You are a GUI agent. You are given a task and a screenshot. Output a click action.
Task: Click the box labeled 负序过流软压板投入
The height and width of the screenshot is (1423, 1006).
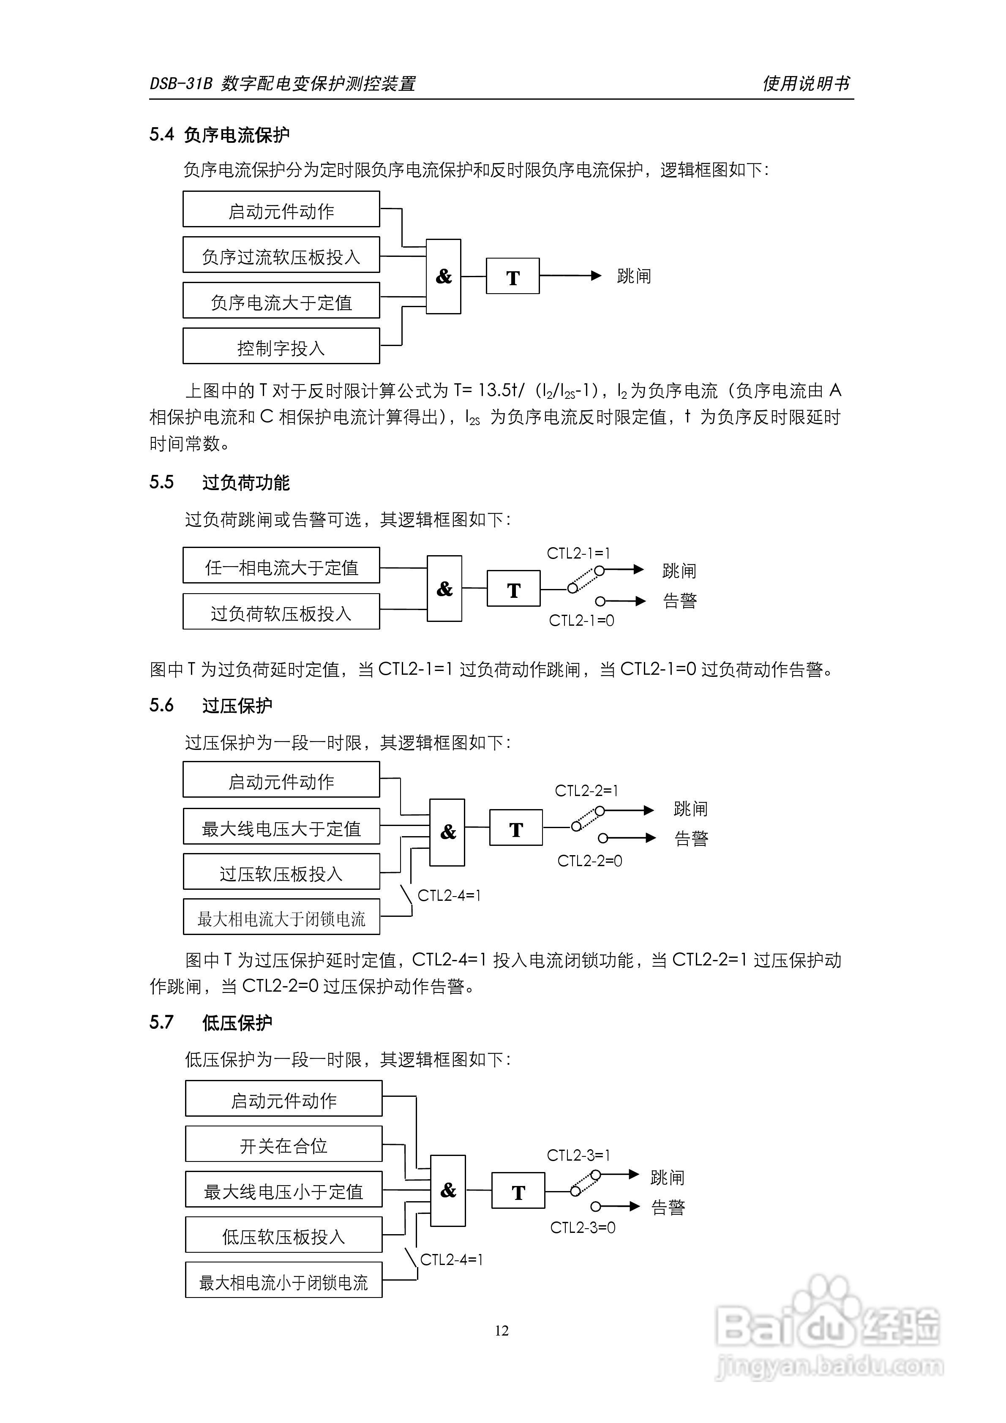pos(281,255)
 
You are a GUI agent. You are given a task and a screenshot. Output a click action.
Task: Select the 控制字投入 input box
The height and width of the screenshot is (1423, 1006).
pos(281,346)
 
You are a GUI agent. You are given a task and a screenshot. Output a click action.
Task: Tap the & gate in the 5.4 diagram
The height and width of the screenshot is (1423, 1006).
pos(443,276)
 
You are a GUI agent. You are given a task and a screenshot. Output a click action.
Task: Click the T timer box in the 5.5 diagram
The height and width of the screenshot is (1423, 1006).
pos(513,589)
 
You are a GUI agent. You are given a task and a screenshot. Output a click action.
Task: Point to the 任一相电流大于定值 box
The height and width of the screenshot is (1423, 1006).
pos(281,566)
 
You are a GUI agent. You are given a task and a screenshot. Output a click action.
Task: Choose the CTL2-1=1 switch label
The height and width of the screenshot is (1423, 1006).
pos(578,553)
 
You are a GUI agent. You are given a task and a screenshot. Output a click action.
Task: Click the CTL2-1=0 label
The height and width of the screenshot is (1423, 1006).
pos(581,620)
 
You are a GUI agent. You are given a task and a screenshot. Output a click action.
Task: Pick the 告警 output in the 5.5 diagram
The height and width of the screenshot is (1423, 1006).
pos(679,600)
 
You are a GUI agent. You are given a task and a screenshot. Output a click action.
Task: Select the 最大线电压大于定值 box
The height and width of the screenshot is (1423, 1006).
pos(281,827)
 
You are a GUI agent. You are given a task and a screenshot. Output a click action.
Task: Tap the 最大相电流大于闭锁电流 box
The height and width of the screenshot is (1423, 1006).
pos(281,917)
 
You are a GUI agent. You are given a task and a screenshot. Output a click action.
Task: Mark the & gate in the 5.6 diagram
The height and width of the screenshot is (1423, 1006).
pos(447,832)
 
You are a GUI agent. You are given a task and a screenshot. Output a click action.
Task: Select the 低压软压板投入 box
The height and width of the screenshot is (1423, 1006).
pos(283,1235)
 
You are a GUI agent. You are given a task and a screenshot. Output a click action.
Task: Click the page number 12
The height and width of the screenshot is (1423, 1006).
pos(502,1330)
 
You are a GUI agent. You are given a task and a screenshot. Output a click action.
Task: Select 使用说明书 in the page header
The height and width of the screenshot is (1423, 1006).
pos(806,83)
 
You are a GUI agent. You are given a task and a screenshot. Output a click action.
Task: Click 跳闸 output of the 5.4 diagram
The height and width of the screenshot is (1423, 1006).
pos(633,276)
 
